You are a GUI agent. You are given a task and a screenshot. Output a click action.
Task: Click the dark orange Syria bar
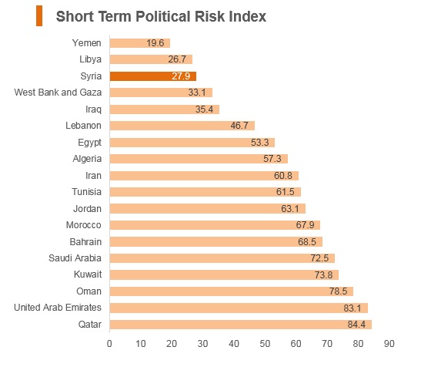(153, 76)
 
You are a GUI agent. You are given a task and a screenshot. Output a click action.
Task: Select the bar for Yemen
(140, 43)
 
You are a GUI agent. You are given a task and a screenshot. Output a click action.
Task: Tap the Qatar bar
(241, 325)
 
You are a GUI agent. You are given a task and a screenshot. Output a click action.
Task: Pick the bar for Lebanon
(182, 126)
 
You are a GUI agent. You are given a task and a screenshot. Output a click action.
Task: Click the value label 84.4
(356, 325)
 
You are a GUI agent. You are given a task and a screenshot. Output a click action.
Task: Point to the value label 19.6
(155, 43)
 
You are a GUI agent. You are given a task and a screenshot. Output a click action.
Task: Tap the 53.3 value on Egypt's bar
(260, 143)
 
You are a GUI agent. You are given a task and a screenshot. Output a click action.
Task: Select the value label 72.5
(319, 258)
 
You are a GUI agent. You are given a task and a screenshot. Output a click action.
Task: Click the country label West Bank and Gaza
(58, 93)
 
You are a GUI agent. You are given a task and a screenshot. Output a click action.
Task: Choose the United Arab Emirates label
(58, 308)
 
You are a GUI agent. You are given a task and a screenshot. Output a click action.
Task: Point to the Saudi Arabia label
(75, 258)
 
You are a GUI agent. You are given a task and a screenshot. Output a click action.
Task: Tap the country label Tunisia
(86, 192)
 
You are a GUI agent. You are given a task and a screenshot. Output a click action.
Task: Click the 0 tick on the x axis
(109, 344)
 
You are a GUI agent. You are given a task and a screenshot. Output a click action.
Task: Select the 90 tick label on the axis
(389, 344)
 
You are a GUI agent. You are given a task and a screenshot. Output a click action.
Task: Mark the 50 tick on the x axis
(265, 344)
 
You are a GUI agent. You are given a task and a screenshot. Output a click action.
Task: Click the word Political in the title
(162, 16)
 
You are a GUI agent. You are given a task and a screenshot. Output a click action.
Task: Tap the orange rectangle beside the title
(39, 16)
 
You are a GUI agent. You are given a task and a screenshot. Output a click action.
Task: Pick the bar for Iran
(204, 176)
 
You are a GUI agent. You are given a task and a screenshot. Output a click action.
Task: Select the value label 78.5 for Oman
(339, 291)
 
